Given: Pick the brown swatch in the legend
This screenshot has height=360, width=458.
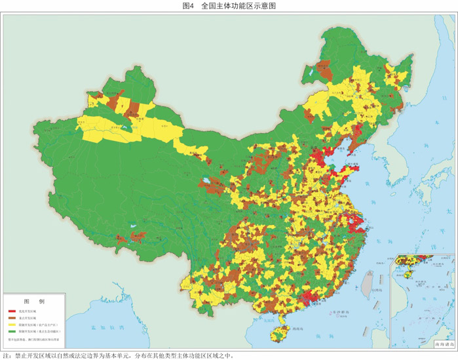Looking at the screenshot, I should click(12, 317).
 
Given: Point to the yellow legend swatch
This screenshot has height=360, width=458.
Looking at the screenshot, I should click(12, 325).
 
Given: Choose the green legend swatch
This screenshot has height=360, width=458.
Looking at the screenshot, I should click(12, 332).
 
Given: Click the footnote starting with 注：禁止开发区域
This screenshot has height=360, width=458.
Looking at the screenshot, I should click(118, 355).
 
